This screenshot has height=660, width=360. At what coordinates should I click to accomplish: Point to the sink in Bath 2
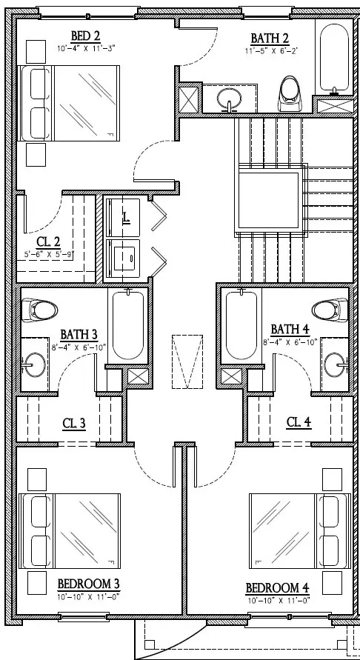pyautogui.click(x=228, y=97)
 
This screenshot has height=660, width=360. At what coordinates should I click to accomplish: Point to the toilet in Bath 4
pyautogui.click(x=330, y=308)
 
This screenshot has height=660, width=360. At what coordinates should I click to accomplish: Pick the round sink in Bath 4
pyautogui.click(x=338, y=363)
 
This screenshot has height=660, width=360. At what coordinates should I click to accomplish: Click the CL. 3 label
pyautogui.click(x=73, y=424)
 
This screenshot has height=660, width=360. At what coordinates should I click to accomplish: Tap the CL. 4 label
pyautogui.click(x=298, y=422)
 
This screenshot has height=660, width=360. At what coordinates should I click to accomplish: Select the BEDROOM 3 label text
pyautogui.click(x=89, y=584)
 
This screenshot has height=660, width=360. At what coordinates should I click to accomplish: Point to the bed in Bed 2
pyautogui.click(x=68, y=101)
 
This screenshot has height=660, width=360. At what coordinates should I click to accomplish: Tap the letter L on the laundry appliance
pyautogui.click(x=126, y=217)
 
